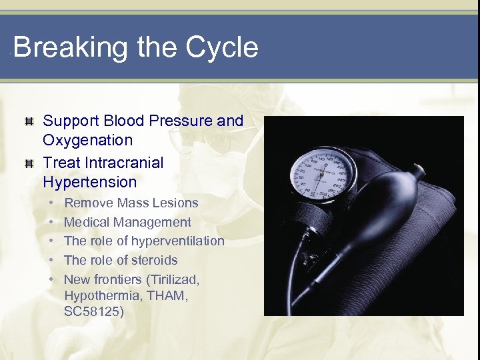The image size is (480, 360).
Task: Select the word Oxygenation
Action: tap(88, 141)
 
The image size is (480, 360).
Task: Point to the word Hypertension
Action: tap(90, 182)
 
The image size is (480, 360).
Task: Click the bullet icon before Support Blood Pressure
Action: tap(29, 122)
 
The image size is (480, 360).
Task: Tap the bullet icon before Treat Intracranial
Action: tap(29, 163)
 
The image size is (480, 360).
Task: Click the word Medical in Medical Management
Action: tap(87, 222)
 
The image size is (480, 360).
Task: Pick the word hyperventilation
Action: tap(178, 241)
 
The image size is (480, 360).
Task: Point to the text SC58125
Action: tap(94, 312)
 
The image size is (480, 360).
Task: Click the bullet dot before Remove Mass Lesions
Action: tap(51, 203)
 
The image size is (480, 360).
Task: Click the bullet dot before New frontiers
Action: tap(51, 280)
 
